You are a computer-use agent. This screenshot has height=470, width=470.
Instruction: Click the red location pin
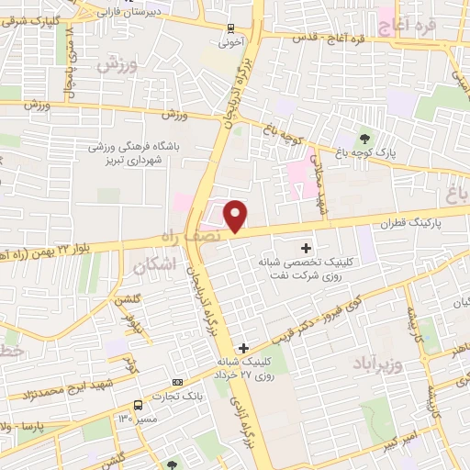236,216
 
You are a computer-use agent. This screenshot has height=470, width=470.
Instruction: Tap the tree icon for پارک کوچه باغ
366,139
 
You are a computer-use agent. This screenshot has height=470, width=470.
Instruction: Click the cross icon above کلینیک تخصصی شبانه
307,247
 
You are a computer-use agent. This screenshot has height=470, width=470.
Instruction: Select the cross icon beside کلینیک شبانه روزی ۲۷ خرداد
243,348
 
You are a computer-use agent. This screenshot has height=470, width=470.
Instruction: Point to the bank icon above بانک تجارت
177,383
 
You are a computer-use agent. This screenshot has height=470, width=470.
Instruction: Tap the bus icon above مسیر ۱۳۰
138,405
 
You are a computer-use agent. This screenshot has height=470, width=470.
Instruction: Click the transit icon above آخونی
229,28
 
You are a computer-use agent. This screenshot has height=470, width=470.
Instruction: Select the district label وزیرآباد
377,364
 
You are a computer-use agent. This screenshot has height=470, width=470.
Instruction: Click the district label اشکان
152,267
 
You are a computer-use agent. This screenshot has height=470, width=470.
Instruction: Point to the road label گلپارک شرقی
35,17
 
